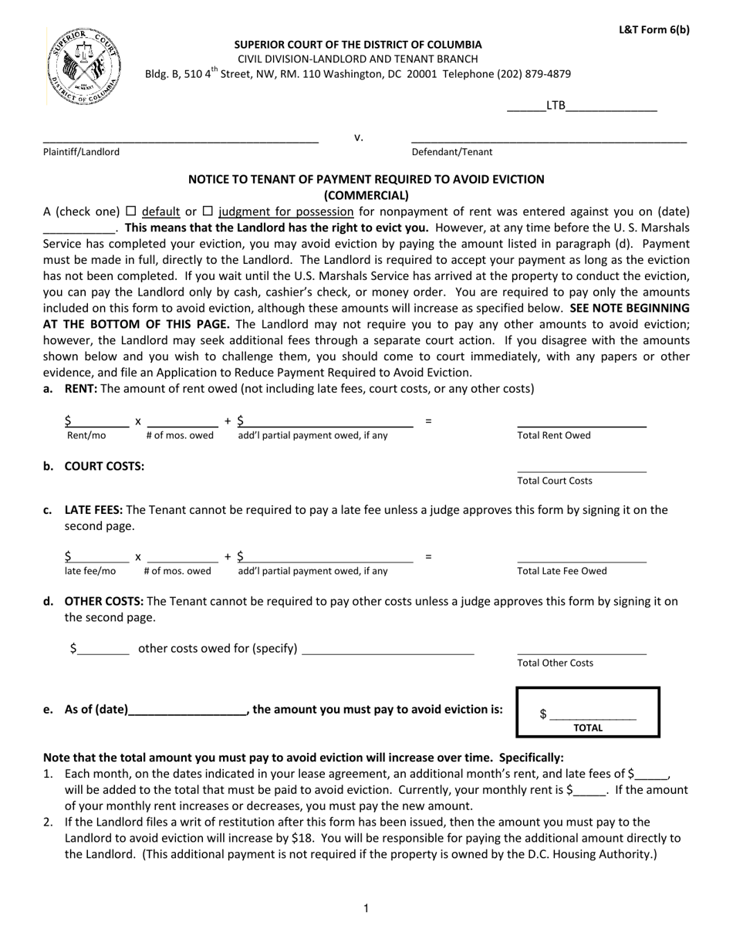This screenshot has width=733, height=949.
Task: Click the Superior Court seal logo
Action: (83, 66)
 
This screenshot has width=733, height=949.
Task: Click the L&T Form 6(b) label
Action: (654, 30)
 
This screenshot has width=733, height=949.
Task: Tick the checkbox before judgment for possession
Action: (208, 211)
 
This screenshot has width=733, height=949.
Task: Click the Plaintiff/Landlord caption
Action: (81, 152)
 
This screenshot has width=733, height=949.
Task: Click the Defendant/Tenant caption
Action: (451, 152)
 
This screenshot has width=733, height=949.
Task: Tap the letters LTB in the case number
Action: (556, 106)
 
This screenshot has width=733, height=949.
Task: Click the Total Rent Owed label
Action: (553, 435)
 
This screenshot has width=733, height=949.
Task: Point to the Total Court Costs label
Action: (555, 481)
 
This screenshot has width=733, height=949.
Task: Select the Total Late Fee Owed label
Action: (562, 571)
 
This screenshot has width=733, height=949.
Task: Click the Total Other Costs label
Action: (555, 663)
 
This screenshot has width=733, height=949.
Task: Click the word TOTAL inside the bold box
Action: (588, 728)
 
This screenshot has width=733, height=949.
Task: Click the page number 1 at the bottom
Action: (366, 908)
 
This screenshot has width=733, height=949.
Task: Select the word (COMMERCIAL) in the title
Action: (366, 195)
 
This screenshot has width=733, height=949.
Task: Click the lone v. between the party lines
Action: (359, 138)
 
